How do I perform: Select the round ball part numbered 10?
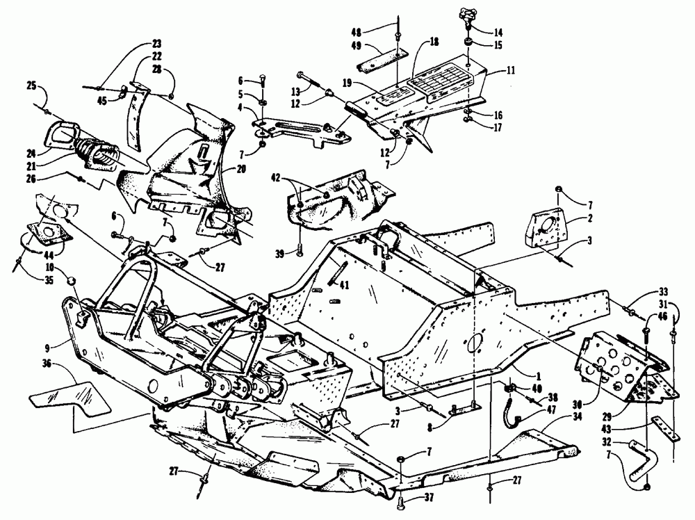click(x=70, y=279)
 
